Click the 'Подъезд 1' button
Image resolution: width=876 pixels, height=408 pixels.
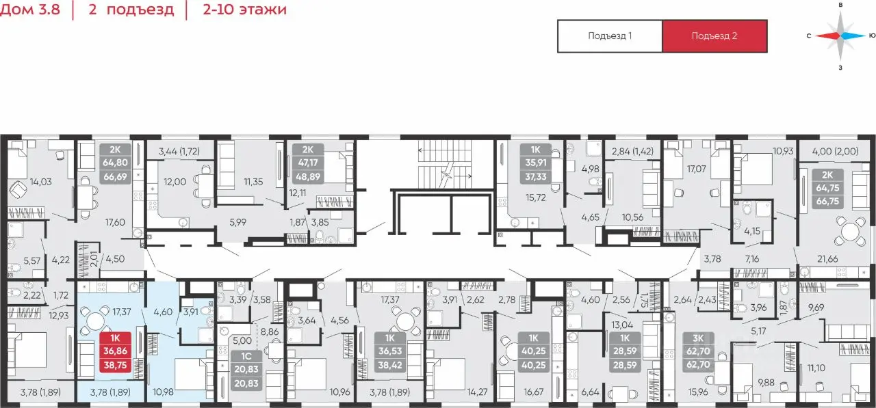coord(610,36)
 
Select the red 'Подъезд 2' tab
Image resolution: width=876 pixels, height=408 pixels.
coord(714,36)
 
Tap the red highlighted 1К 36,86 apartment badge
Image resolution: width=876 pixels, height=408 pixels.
coord(115,351)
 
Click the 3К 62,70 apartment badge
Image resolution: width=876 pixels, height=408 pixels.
coord(698,351)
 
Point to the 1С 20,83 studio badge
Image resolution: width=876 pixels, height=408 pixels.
coord(246,369)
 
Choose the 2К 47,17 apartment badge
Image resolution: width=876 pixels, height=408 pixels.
coord(308,163)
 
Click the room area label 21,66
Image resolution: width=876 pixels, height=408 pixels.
coord(827,258)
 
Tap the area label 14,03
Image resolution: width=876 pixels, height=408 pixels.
coord(40,182)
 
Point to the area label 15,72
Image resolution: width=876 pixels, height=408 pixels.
coord(535,198)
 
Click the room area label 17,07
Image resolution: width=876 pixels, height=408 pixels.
coord(697,169)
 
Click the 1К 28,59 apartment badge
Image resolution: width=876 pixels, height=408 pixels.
coord(625,351)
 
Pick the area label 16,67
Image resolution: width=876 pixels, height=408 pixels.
coord(533,392)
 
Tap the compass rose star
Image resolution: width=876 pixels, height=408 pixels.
coord(840,36)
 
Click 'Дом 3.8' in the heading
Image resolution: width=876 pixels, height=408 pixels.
coord(30,9)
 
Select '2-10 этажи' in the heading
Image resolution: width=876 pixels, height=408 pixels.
coord(244,9)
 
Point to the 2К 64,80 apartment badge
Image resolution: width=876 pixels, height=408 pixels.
coord(115,163)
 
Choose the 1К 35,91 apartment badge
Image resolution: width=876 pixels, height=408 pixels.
coord(535,163)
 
